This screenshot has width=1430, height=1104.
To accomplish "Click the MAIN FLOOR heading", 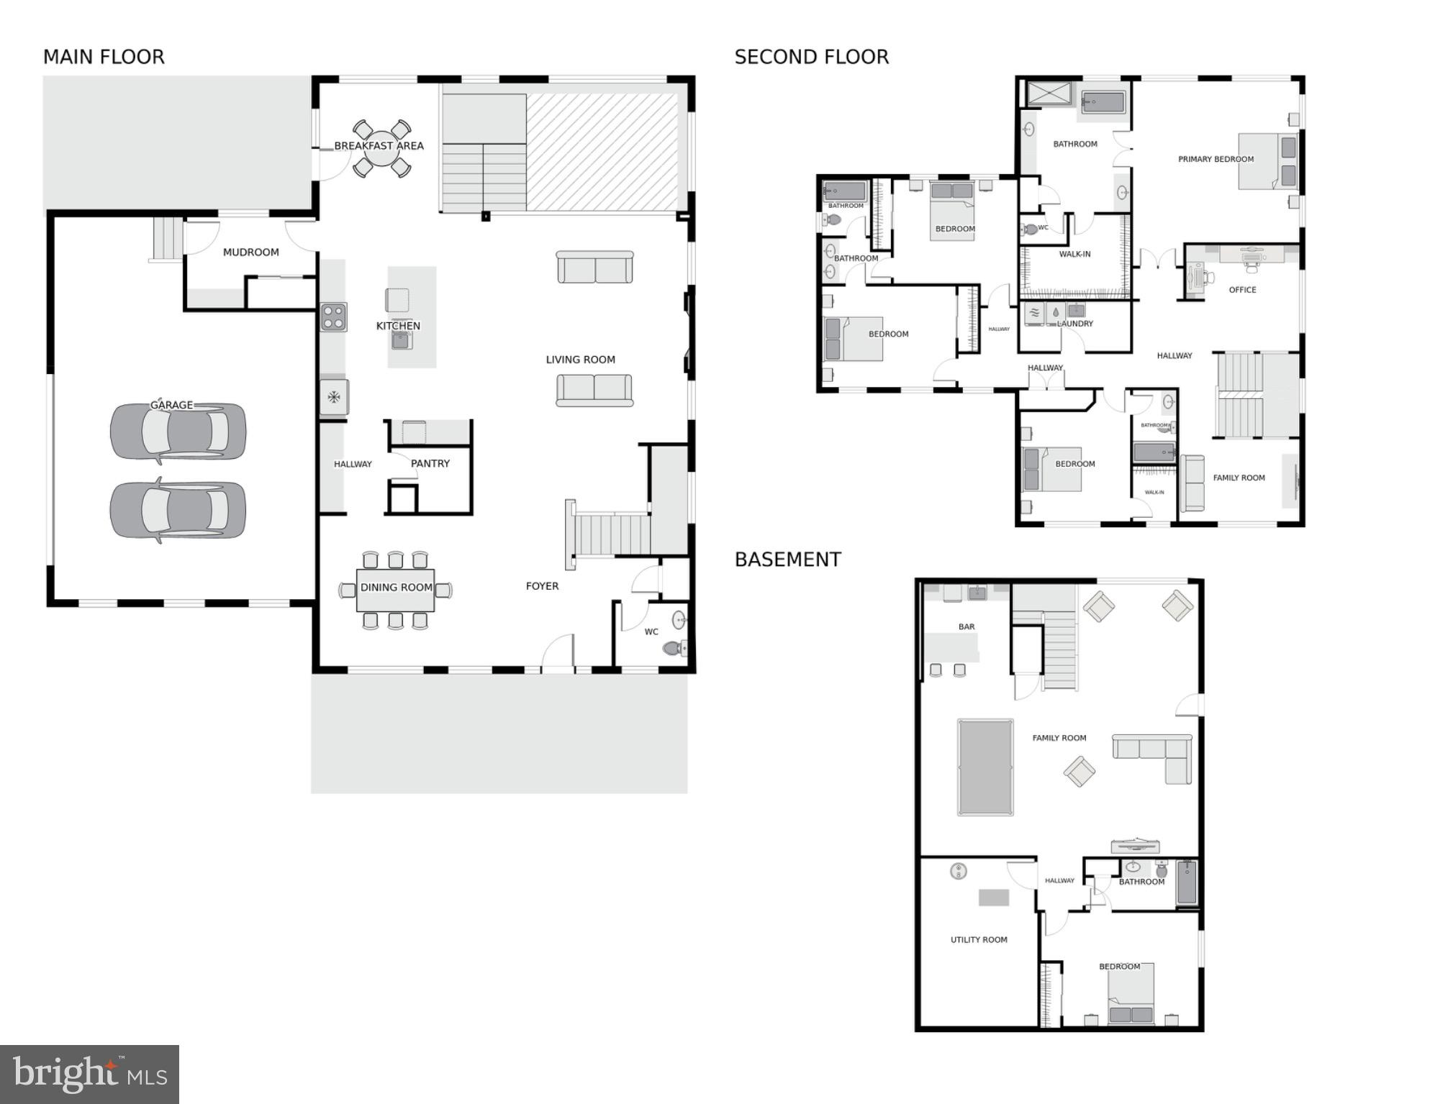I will pos(104,57).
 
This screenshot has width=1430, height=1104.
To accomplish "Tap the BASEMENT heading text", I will pos(787,560).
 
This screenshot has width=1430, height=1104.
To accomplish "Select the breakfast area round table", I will pos(381,148).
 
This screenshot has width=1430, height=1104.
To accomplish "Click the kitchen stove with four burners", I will pos(333,316).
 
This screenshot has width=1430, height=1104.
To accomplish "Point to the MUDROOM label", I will pos(250,252).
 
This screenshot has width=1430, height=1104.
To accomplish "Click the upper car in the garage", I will pos(178,432).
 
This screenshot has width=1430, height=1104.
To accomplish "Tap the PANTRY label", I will pos(430,464).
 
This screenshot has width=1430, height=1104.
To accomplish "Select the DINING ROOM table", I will pos(395,590).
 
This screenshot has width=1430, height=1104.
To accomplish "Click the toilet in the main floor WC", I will pos(674,648).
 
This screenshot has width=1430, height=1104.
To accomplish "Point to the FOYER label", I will pos(542,586).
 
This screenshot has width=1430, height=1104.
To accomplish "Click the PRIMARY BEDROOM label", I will pos(1216,160).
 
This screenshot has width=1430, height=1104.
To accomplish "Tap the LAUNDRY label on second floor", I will pos(1074,324).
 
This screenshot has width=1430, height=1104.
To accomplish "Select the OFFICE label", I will pos(1242,290).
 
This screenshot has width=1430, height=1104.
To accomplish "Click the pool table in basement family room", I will pos(985,767).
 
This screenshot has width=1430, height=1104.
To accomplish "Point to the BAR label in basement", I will pos(967,626).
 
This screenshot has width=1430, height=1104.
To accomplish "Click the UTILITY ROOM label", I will pos(979,939).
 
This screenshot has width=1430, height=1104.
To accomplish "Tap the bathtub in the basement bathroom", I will pos(1186,882).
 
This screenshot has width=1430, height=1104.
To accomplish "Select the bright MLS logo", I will pos(89,1074).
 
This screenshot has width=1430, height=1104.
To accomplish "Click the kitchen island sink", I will pos(402,339).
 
